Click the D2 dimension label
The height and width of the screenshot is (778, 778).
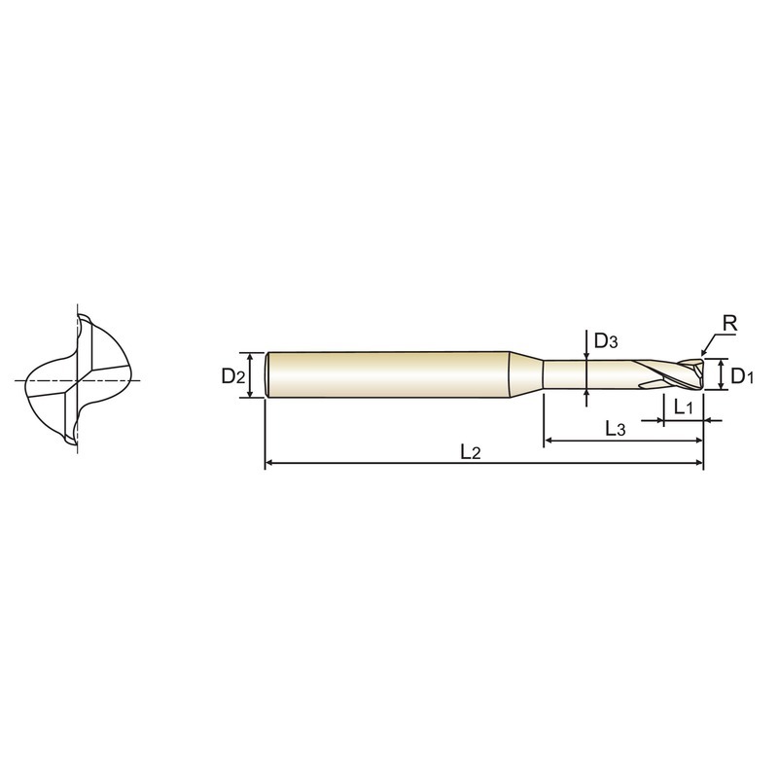(x=233, y=376)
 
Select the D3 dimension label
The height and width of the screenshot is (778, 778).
(x=606, y=341)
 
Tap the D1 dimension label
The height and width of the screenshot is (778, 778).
(x=742, y=376)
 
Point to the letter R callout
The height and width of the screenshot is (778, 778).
(x=730, y=324)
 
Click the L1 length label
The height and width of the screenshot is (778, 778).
(x=683, y=407)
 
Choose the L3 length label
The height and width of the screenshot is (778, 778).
(x=616, y=428)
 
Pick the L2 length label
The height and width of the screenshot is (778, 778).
(x=471, y=452)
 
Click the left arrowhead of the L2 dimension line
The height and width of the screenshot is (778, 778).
(x=269, y=464)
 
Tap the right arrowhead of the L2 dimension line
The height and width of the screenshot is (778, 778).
(x=699, y=464)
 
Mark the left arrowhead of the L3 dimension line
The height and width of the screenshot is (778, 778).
(x=548, y=440)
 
